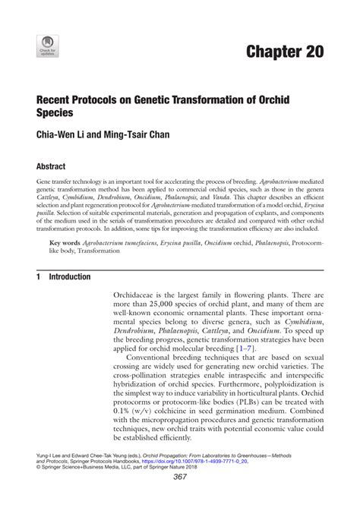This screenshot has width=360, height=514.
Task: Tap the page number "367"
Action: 180,497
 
